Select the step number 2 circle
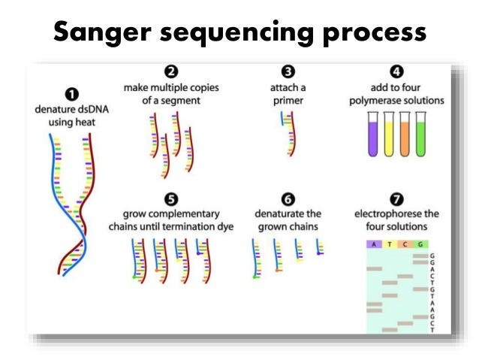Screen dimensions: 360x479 point(170,72)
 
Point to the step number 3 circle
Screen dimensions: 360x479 point(288,72)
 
